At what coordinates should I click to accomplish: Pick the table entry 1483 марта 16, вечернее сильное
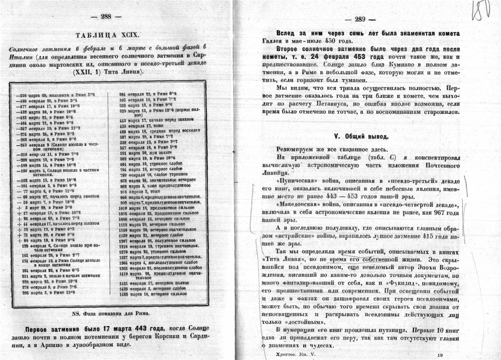point(152,294)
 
